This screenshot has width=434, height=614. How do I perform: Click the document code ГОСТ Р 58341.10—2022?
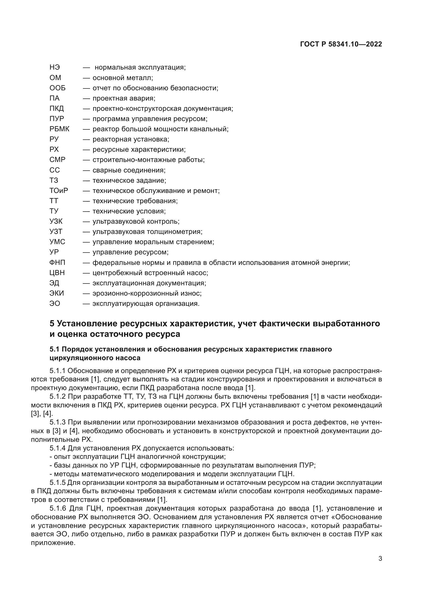(x=341, y=44)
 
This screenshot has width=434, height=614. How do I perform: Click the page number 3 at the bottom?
(x=380, y=559)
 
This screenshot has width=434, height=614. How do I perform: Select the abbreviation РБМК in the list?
(x=59, y=129)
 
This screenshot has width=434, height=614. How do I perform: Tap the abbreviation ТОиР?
(x=59, y=191)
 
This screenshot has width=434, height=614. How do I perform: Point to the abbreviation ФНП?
(x=57, y=262)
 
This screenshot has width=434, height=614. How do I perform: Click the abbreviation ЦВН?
(x=57, y=273)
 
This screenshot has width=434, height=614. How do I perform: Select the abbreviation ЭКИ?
(x=57, y=293)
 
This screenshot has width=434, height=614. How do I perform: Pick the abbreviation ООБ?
(x=57, y=88)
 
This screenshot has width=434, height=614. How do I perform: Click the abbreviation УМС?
(x=57, y=242)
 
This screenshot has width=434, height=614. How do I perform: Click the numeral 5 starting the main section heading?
(x=52, y=324)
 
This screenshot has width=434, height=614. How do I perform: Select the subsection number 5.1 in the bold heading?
(x=55, y=349)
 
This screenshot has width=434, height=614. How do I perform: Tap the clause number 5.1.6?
(x=58, y=508)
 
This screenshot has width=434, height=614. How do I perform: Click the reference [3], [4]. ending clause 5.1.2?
(x=42, y=413)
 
